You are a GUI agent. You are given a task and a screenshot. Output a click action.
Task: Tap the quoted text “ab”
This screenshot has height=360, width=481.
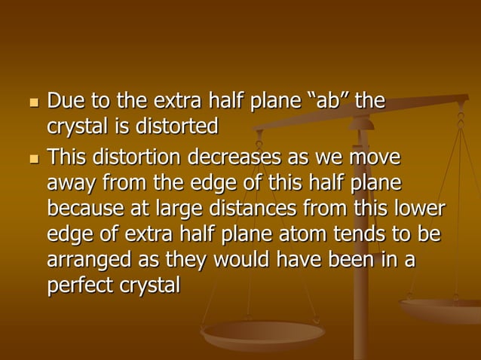point(332,100)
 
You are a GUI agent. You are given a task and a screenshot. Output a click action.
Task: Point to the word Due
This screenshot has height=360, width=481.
point(66,100)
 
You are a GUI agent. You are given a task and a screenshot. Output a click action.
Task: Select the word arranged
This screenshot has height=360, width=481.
point(90,261)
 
